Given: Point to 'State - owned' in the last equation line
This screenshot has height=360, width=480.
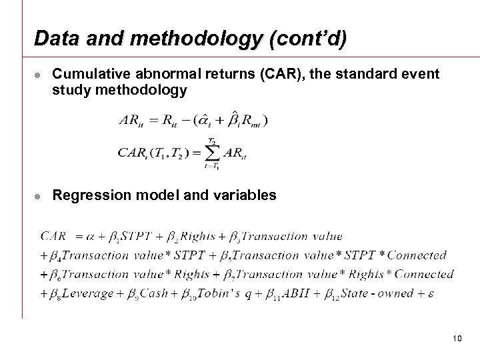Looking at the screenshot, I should click(x=382, y=293).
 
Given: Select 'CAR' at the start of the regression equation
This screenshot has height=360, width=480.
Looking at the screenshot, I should click(x=53, y=235).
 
